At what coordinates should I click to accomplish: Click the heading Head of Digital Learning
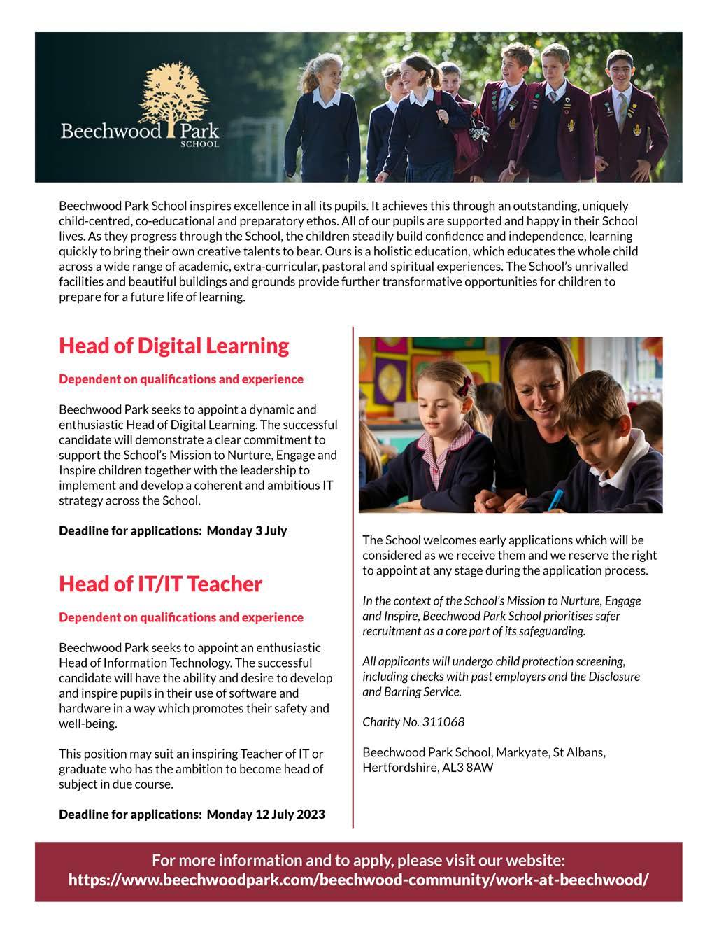(173, 346)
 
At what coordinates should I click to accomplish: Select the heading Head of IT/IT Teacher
(160, 584)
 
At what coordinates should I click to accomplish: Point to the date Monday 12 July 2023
(266, 815)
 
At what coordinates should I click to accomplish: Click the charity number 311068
(443, 722)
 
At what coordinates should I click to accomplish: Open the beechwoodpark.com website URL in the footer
(358, 880)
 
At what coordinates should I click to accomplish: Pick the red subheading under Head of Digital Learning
(181, 379)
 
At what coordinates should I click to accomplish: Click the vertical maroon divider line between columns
(353, 574)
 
